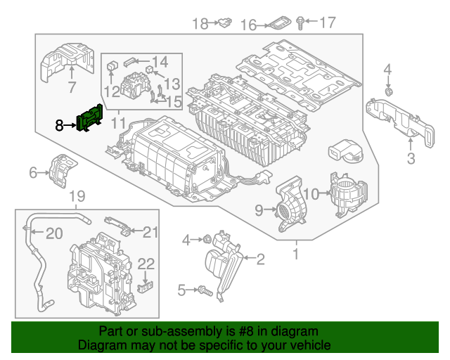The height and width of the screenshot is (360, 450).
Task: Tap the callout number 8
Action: pyautogui.click(x=60, y=125)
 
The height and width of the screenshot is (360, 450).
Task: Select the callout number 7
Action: pyautogui.click(x=71, y=88)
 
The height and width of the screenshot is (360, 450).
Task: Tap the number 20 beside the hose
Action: pyautogui.click(x=53, y=233)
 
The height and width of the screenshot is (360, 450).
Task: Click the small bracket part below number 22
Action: pyautogui.click(x=146, y=286)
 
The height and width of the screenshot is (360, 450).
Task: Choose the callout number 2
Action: pyautogui.click(x=260, y=261)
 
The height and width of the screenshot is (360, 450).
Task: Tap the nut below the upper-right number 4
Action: pyautogui.click(x=389, y=91)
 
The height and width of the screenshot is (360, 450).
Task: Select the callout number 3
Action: pyautogui.click(x=411, y=157)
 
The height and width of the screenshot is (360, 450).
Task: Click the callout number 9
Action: pyautogui.click(x=259, y=209)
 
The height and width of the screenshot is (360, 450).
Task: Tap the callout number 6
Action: pyautogui.click(x=33, y=173)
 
